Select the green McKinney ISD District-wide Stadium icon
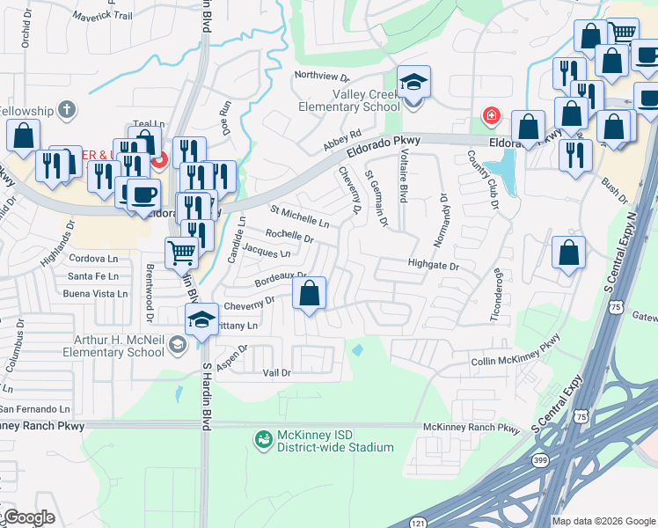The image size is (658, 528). (262, 437)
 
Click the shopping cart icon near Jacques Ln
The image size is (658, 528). (182, 252)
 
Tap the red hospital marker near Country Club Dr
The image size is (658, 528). (491, 115)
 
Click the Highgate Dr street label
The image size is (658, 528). (433, 265)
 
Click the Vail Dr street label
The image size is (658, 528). (276, 373)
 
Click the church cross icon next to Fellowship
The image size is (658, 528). (64, 110)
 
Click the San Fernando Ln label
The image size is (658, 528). (34, 409)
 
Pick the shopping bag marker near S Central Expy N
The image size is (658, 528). (569, 253)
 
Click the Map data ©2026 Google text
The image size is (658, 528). (603, 521)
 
